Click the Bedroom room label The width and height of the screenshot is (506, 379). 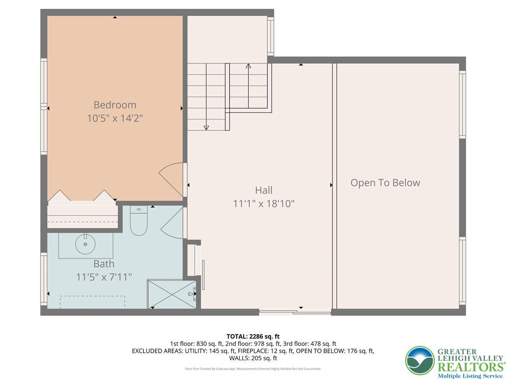coord(115,105)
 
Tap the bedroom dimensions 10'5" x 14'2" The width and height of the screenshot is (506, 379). coord(115,118)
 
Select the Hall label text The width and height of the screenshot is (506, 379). coord(263,190)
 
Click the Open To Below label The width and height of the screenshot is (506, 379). coord(385,183)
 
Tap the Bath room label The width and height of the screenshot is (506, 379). coord(104,264)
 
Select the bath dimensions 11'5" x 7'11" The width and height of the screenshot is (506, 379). coord(104,277)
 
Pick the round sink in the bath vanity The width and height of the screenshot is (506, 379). coord(85,243)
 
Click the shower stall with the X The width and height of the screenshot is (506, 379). coord(171,294)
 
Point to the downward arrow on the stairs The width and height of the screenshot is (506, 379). coord(206,127)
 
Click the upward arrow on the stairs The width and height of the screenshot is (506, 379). coord(248,66)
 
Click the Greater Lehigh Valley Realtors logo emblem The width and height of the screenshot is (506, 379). coord(420,360)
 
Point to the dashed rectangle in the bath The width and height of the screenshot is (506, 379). coord(92,302)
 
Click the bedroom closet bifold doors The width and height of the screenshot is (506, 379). coord(82,196)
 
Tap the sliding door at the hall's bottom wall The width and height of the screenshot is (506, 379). coord(295,311)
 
